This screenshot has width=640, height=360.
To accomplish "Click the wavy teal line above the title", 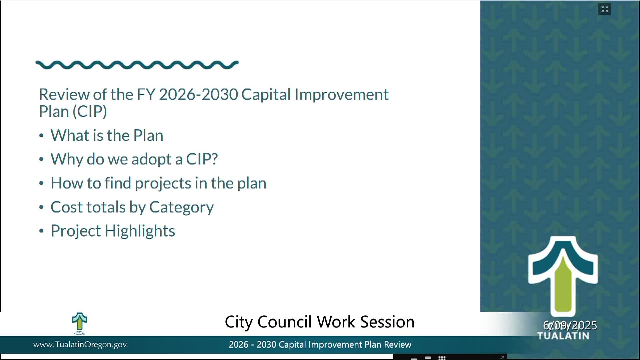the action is pos(137,65).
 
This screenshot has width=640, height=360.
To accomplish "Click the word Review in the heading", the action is pos(64,94).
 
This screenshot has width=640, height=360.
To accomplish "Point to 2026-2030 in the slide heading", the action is pos(198,94).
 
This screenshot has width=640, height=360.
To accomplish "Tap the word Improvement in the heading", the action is pos(341,95).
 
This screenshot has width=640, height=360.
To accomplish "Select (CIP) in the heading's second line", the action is pos(90,112).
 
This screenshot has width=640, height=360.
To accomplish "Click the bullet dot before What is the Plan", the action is pos(41,136).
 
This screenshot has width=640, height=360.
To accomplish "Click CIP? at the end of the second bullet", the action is pos(202,159).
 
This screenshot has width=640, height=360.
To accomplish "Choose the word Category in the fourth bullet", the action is pos(181,207).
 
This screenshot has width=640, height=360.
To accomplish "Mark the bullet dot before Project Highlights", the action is pos(41,231).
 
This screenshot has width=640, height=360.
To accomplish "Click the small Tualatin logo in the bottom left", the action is pos(80,323).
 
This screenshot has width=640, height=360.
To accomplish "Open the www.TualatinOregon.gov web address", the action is pos(80,345).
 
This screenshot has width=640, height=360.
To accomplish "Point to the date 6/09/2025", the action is pos(570,325).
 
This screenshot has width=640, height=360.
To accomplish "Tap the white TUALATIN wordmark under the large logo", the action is pos(563,336).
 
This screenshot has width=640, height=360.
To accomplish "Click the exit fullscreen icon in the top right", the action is pos(604,9).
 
